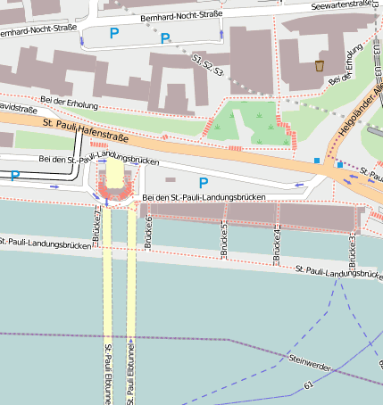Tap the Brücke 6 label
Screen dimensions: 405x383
click(x=148, y=230)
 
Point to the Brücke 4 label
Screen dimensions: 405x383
click(x=277, y=241)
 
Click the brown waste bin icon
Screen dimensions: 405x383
click(x=320, y=65)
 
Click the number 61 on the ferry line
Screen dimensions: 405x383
click(x=308, y=386)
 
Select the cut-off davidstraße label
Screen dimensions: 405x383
click(x=15, y=106)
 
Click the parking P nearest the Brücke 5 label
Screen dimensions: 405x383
click(x=204, y=182)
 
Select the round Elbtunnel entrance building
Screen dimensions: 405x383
click(x=116, y=181)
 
